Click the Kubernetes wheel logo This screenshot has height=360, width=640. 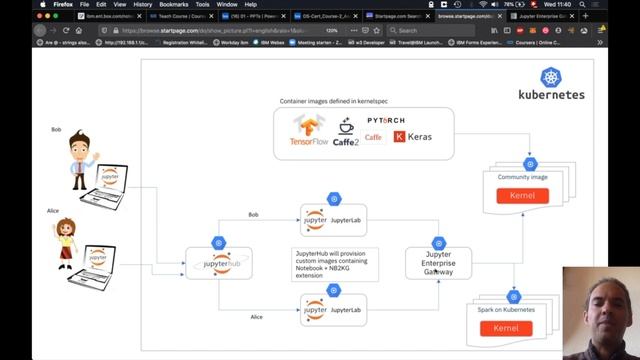[x=550, y=77]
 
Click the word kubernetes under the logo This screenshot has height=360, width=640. [x=551, y=96]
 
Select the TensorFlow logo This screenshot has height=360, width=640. [x=309, y=131]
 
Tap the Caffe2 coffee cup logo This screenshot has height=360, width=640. [x=346, y=133]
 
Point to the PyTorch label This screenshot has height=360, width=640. [x=385, y=120]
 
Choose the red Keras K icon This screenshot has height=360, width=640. [x=400, y=136]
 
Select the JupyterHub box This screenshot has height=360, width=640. [x=218, y=264]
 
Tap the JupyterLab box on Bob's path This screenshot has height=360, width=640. [x=334, y=219]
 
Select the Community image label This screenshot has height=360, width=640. [x=522, y=177]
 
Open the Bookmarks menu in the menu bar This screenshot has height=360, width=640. [x=173, y=4]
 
